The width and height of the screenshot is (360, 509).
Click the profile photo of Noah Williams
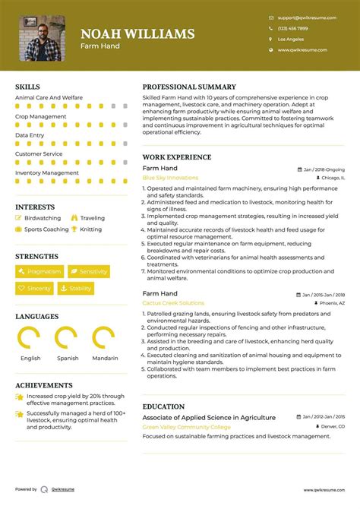(x=42, y=38)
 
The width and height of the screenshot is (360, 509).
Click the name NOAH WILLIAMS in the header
(x=137, y=33)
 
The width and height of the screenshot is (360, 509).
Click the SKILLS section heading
(x=28, y=87)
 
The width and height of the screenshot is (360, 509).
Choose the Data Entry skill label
(x=30, y=135)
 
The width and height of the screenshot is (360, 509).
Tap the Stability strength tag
(x=76, y=289)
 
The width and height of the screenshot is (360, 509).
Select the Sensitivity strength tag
(x=89, y=271)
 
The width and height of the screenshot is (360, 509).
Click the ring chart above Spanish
(x=67, y=337)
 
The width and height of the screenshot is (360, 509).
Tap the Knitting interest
(x=90, y=229)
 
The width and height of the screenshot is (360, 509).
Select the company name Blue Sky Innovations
(x=170, y=178)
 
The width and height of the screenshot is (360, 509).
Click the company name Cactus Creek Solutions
(x=172, y=303)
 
